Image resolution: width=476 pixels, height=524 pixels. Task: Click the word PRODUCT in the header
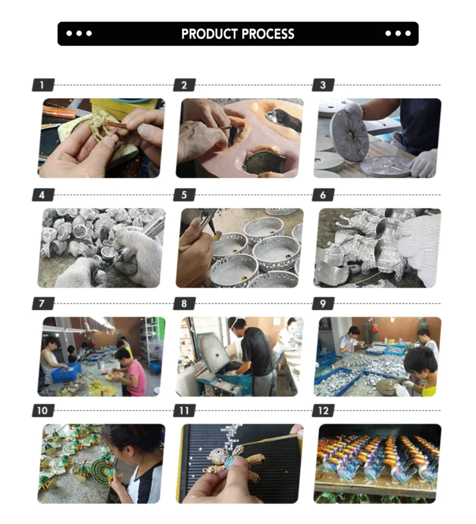(x=209, y=34)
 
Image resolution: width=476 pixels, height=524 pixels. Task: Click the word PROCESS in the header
(x=268, y=34)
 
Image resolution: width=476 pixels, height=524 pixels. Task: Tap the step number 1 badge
(x=44, y=85)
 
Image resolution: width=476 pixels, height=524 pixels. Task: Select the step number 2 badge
(x=185, y=85)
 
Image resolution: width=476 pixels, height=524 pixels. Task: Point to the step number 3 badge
(x=323, y=85)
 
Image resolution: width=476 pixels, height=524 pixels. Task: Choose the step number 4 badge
(x=44, y=195)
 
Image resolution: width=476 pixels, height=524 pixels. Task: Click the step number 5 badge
(x=185, y=195)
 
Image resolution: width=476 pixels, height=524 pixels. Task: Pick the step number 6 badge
(x=323, y=195)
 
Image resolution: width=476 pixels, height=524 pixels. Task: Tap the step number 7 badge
(x=44, y=304)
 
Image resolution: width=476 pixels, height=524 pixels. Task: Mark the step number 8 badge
(x=185, y=304)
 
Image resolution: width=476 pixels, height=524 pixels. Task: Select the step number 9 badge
(x=323, y=304)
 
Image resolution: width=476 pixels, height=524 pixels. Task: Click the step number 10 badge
(x=44, y=411)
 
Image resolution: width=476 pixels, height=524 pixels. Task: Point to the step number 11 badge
(x=185, y=411)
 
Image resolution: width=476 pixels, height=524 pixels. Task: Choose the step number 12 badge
(x=323, y=411)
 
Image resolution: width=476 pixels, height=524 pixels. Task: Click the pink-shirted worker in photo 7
(x=132, y=373)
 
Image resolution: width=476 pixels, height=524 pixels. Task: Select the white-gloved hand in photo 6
(x=419, y=245)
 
